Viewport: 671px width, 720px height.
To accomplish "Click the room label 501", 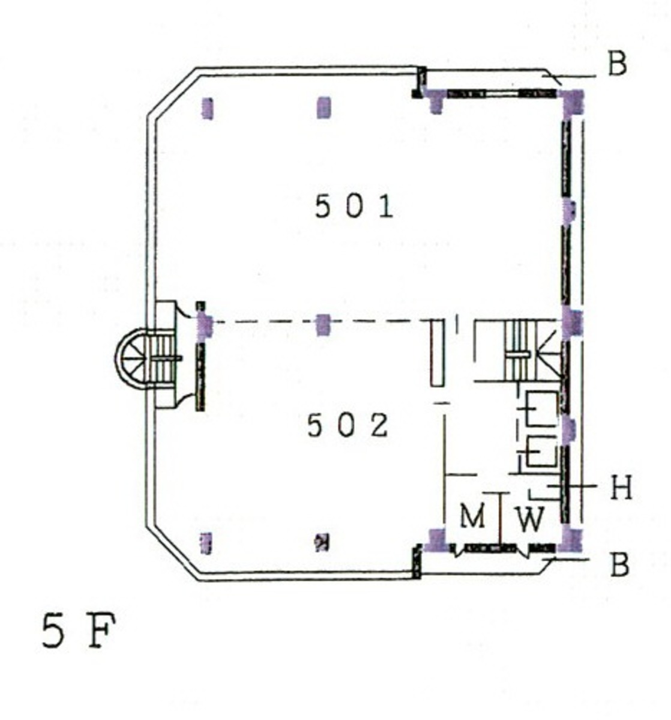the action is click(x=354, y=207).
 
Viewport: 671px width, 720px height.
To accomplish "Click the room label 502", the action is click(x=348, y=425).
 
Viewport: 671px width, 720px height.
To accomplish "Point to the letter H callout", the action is click(x=621, y=487).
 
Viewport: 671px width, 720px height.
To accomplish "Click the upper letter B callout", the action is click(x=618, y=64).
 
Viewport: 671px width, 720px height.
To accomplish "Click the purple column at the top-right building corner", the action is click(x=573, y=103).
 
